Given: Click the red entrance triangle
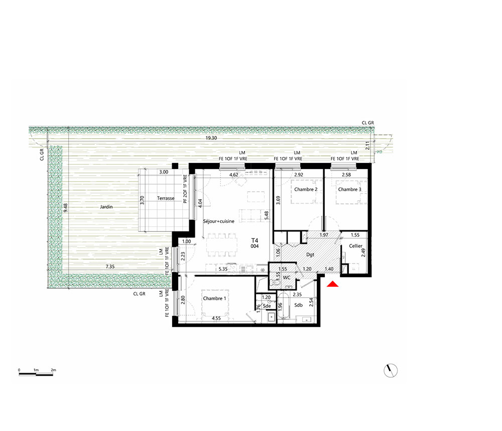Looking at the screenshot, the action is (333, 284).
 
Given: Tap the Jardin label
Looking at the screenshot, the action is (106, 207).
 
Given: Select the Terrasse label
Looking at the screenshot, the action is (166, 198).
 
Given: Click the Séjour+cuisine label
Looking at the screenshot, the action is (219, 221).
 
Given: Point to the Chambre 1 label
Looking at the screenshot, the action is (214, 299).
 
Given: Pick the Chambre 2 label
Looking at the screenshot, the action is (306, 189).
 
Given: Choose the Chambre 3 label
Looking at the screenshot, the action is (349, 189).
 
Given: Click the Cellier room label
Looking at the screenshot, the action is (356, 246).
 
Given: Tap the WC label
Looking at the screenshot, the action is (287, 278).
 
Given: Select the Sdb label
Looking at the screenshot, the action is (298, 305).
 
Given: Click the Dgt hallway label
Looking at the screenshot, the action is (310, 254).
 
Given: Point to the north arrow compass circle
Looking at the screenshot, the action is (391, 371).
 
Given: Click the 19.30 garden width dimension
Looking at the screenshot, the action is (211, 138).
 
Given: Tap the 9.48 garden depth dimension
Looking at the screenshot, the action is (66, 208).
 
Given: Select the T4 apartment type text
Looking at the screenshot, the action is (255, 240).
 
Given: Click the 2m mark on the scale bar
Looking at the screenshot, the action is (53, 370).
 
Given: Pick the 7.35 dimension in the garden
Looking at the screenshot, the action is (110, 267).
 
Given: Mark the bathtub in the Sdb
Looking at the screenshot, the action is (284, 305).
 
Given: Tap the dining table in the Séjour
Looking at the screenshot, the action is (222, 245).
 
